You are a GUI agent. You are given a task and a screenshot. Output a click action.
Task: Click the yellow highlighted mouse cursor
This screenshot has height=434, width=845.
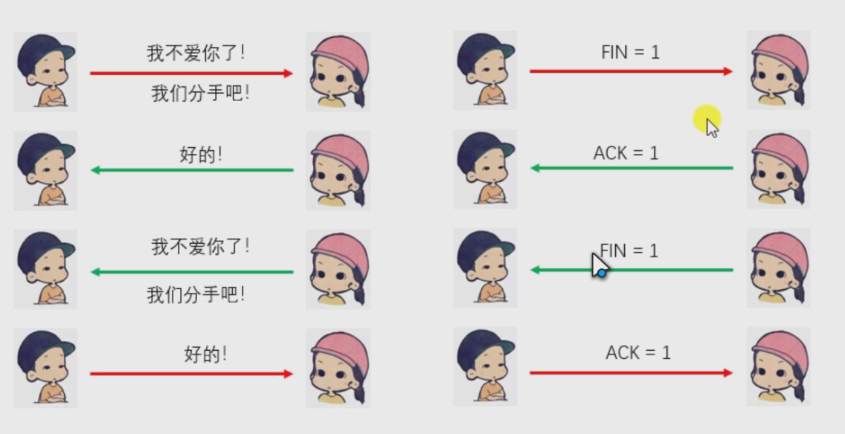707,122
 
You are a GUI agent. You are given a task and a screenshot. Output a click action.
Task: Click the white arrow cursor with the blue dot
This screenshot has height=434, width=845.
599,265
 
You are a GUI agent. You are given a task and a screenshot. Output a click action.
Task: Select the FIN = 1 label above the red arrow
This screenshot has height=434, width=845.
630,53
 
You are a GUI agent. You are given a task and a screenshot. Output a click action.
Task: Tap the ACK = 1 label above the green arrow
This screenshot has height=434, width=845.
626,153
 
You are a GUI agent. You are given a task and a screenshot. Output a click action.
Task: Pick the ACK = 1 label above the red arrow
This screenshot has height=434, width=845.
638,352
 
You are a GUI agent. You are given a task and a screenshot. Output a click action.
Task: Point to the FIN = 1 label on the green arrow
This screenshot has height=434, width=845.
629,251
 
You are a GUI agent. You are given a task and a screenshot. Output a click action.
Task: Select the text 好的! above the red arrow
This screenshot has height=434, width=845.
205,354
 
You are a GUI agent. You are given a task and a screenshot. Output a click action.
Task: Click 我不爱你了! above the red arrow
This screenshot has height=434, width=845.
196,54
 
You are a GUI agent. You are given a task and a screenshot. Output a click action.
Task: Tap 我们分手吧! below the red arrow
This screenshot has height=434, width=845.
200,94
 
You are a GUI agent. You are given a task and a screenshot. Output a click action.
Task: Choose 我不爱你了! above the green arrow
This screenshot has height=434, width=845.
200,246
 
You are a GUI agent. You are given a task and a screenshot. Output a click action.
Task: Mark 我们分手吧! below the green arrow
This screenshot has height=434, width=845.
196,295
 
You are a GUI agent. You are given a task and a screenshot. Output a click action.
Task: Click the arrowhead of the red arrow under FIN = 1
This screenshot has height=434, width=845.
728,71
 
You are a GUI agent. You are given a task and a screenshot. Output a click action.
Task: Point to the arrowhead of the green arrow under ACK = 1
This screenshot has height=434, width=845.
535,168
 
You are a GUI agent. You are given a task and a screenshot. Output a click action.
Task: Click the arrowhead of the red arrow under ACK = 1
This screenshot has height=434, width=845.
728,372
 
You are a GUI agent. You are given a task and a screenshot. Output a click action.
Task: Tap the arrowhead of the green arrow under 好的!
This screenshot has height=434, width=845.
95,170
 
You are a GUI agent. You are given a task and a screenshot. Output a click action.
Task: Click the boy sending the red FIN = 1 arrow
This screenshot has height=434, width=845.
485,70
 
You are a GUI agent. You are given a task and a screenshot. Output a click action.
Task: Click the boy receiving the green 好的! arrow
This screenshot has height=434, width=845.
45,171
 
